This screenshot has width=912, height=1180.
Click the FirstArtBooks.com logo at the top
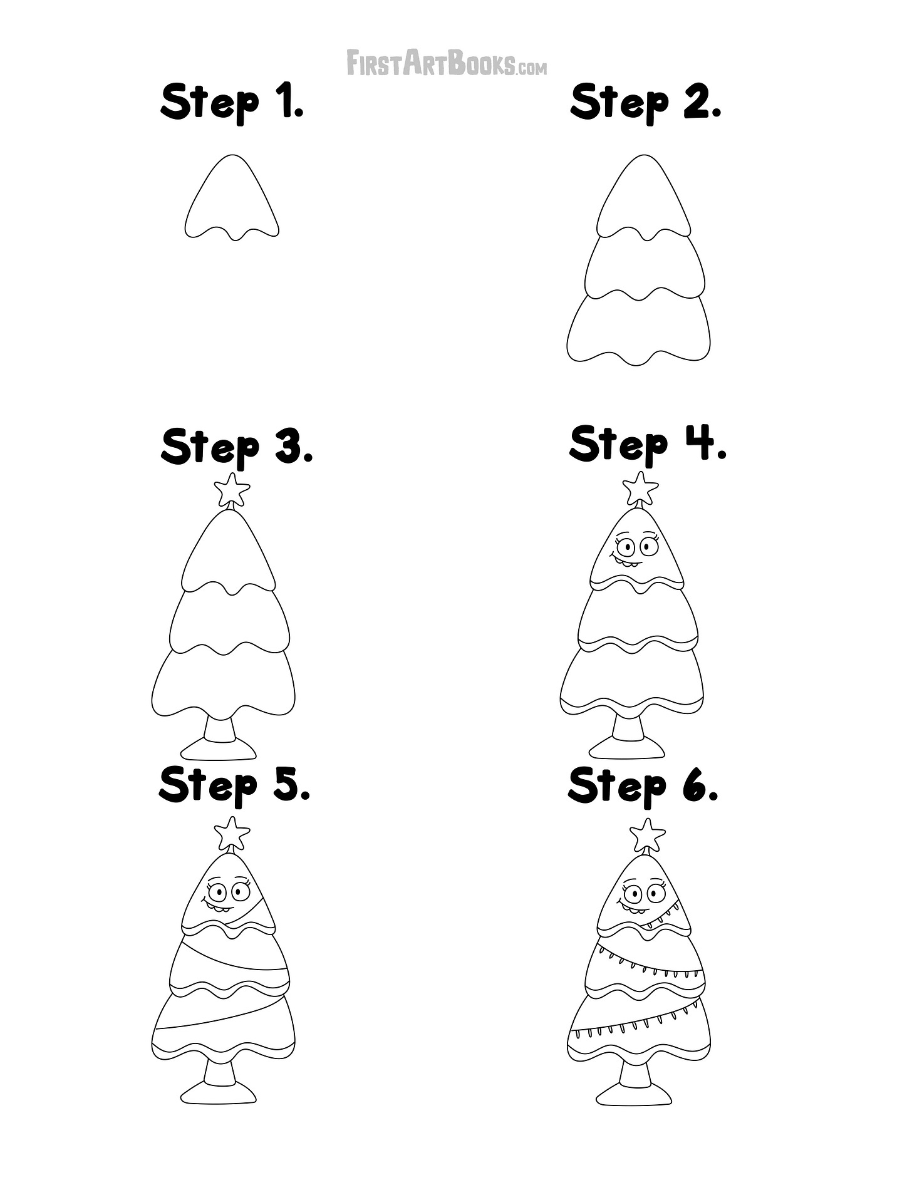click(447, 63)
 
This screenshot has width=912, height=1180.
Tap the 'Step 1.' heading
click(232, 102)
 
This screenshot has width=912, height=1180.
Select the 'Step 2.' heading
click(646, 102)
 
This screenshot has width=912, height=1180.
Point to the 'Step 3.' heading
click(236, 447)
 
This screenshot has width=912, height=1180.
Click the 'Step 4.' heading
click(648, 444)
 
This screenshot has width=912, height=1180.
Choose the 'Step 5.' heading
click(234, 785)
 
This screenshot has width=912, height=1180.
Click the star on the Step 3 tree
click(232, 489)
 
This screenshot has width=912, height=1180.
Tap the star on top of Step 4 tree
click(640, 489)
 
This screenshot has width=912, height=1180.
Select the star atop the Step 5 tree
click(232, 833)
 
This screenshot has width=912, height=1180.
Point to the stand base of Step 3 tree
click(218, 748)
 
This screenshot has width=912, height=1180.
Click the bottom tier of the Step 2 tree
click(639, 328)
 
